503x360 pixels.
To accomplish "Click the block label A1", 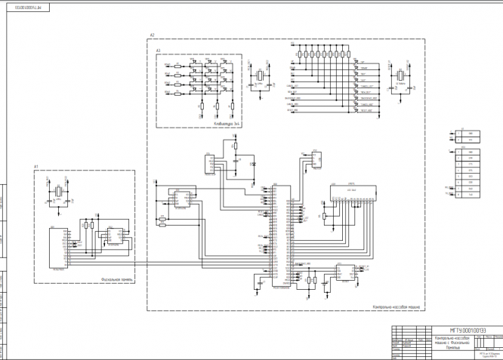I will (35, 165).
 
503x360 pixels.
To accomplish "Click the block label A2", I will (152, 35).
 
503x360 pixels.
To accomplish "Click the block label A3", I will (159, 51).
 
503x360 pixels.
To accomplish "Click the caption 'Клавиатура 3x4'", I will (226, 123).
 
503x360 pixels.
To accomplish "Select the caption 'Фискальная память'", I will (117, 279).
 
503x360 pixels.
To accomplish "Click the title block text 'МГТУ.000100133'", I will (468, 331).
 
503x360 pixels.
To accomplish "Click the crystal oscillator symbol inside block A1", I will (57, 192).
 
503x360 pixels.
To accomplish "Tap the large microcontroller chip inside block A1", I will (58, 248).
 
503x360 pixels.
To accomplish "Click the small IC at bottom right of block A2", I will (347, 273).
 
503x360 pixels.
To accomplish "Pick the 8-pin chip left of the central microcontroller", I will (181, 198).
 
